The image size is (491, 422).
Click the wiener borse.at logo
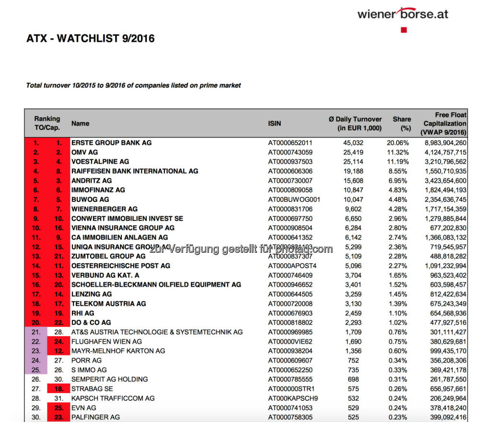(402, 13)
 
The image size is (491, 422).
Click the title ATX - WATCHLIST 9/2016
(90, 39)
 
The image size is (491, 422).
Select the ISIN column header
(274, 123)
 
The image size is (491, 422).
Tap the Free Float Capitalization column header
(444, 123)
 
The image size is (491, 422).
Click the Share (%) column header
(402, 123)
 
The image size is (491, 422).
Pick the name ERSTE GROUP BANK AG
(111, 142)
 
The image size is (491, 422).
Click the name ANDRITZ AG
(92, 180)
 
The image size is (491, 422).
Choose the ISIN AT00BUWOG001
(294, 199)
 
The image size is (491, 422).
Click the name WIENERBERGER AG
(104, 209)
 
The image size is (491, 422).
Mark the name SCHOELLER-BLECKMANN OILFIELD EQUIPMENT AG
(156, 285)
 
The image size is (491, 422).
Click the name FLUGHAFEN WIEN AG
(106, 341)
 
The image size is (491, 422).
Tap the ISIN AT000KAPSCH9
(292, 398)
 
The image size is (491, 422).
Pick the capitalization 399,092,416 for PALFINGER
(445, 417)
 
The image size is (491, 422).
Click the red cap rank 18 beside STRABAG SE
(59, 388)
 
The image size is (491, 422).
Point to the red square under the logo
(404, 30)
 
